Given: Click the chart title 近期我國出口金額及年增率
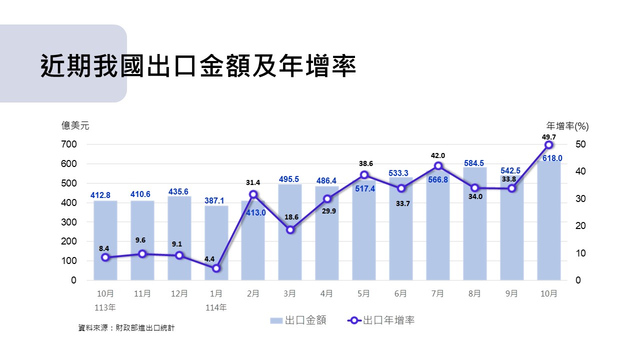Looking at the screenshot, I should [x=198, y=65].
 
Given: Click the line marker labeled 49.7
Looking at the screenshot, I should [x=548, y=144].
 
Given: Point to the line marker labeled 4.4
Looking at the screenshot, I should [x=216, y=268].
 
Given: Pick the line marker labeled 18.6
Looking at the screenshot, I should [x=290, y=230].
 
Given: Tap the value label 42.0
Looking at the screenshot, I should [x=438, y=156].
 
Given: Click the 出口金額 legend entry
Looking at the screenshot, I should [x=298, y=320].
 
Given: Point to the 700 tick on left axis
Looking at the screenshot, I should [x=69, y=144].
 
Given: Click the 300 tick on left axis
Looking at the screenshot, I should [x=69, y=222].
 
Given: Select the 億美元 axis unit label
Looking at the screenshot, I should [x=75, y=126].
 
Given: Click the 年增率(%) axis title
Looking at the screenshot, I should [x=567, y=126].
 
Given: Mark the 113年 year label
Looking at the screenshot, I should [x=104, y=307].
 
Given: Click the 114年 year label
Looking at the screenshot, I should [x=216, y=307].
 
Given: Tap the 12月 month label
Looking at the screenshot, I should [x=179, y=294].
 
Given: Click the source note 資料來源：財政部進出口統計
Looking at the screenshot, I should [x=126, y=328].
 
